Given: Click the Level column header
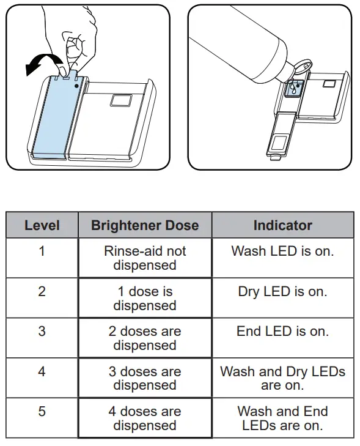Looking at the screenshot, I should pyautogui.click(x=42, y=225).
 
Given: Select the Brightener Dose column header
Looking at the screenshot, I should pyautogui.click(x=145, y=225).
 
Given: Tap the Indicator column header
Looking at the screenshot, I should pyautogui.click(x=282, y=225).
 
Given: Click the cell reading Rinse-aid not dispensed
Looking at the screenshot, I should pyautogui.click(x=145, y=258).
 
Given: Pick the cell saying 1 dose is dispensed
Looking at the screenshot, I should pyautogui.click(x=145, y=299).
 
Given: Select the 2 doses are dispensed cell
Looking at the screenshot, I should pyautogui.click(x=145, y=338).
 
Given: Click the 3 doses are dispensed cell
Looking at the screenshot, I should pyautogui.click(x=145, y=378).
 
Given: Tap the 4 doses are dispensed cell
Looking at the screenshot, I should pyautogui.click(x=145, y=418).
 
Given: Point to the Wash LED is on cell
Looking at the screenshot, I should pyautogui.click(x=282, y=251).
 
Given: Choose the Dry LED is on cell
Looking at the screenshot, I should pyautogui.click(x=282, y=292).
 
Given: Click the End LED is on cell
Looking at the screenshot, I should pyautogui.click(x=282, y=332).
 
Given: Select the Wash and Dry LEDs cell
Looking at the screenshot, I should pyautogui.click(x=282, y=378).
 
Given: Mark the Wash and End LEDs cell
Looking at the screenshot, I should pyautogui.click(x=282, y=418).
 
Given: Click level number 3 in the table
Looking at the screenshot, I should pyautogui.click(x=42, y=332).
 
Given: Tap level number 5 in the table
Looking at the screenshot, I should pyautogui.click(x=42, y=411).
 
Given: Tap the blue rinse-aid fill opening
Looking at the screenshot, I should pyautogui.click(x=295, y=89).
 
